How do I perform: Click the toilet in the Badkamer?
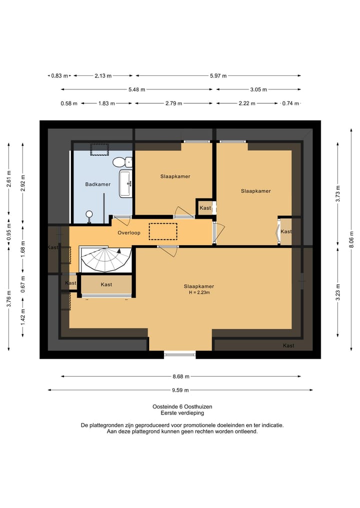click(x=121, y=162)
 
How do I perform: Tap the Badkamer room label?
click(x=97, y=184)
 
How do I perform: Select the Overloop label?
click(x=129, y=233)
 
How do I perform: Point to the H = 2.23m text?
click(x=198, y=292)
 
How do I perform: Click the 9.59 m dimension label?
click(x=180, y=390)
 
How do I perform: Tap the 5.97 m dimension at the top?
click(x=218, y=76)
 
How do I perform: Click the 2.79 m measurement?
click(x=173, y=103)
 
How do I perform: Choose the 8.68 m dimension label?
click(x=180, y=376)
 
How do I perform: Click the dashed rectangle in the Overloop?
click(x=163, y=231)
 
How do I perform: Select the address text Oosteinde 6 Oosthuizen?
click(x=182, y=407)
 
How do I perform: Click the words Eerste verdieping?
click(x=182, y=413)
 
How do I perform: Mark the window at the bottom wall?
click(x=180, y=354)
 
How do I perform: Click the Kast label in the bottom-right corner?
click(x=288, y=346)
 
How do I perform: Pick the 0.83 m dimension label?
click(x=59, y=76)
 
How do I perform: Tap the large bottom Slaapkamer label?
click(x=198, y=286)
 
